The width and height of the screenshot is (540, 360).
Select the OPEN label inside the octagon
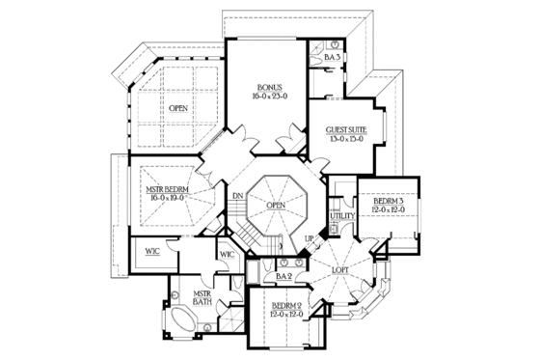[275, 205]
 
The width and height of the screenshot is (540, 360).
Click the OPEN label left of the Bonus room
[178, 108]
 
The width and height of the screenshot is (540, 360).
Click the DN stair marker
[235, 198]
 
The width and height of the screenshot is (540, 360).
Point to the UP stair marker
[310, 237]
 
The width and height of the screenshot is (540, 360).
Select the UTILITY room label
[342, 216]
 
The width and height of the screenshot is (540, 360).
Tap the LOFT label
[339, 270]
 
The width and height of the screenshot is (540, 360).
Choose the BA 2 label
[283, 276]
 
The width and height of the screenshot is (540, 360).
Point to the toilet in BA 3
[333, 44]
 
